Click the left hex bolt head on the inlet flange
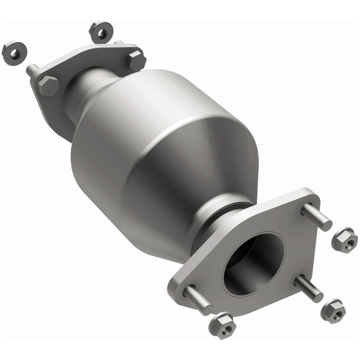pyautogui.click(x=48, y=85)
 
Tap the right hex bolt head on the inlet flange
pyautogui.click(x=136, y=61)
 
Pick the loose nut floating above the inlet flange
pyautogui.click(x=100, y=32)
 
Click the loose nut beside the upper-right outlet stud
pyautogui.click(x=344, y=240)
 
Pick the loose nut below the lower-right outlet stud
pyautogui.click(x=333, y=311)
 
